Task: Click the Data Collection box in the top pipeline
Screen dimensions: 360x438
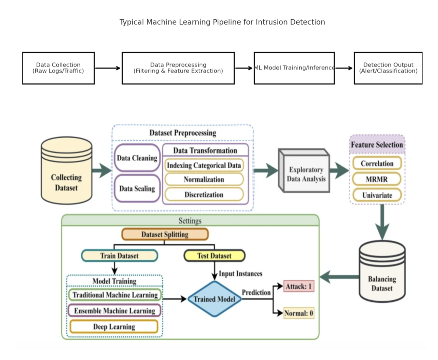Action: click(58, 68)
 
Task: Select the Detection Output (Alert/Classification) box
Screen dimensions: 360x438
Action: click(388, 68)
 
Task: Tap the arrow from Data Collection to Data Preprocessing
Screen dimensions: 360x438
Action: click(108, 68)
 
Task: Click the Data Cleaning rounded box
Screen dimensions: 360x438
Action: click(137, 158)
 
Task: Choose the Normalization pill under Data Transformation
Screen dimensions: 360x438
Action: click(204, 180)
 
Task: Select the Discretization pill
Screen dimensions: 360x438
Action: click(204, 195)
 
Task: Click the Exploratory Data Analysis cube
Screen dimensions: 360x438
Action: click(305, 174)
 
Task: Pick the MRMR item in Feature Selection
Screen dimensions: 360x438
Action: click(377, 179)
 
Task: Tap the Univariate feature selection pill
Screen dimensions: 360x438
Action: click(377, 195)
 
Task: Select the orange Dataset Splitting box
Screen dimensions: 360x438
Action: click(165, 234)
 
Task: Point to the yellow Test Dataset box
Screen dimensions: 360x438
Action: click(214, 256)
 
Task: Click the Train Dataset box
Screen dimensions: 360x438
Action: click(119, 256)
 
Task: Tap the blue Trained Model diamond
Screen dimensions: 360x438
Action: click(214, 299)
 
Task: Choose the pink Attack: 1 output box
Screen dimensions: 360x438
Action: click(299, 286)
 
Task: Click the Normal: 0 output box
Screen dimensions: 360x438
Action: click(299, 313)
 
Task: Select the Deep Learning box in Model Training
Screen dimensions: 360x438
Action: click(114, 327)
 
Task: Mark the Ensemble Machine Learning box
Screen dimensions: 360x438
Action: click(115, 311)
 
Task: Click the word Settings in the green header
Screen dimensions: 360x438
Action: click(190, 221)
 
